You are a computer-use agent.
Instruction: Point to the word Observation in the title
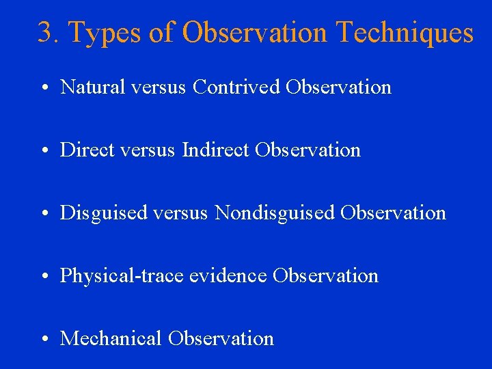pyautogui.click(x=256, y=33)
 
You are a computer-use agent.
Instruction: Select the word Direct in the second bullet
pyautogui.click(x=83, y=150)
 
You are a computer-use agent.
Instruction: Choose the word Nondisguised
pyautogui.click(x=275, y=213)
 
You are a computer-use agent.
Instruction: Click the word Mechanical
pyautogui.click(x=111, y=339)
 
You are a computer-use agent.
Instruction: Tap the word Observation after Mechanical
pyautogui.click(x=221, y=339)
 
